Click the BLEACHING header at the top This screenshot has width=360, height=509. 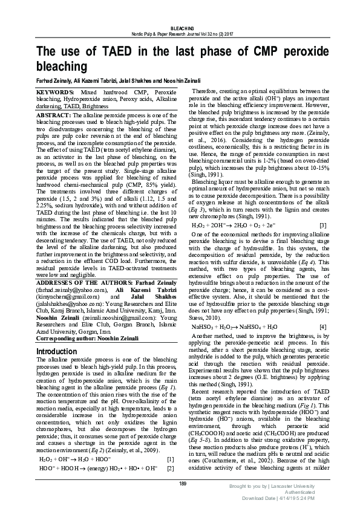[x=180, y=28]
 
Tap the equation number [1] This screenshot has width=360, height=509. [x=170, y=459]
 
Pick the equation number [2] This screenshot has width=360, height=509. [x=170, y=468]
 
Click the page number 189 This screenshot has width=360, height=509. [x=180, y=482]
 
